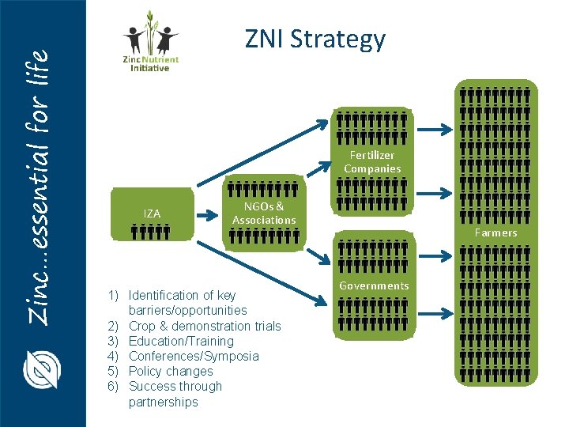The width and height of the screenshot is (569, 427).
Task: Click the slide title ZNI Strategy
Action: pos(315,39)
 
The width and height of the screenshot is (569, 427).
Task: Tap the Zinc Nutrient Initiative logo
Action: pos(150,43)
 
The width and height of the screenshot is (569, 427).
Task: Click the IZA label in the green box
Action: pos(152,213)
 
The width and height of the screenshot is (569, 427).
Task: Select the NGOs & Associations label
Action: pos(264,213)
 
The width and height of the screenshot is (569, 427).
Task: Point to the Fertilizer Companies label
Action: pos(372,162)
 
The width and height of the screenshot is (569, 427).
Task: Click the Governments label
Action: pos(374,285)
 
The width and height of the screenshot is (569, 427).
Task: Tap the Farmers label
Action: pos(496,232)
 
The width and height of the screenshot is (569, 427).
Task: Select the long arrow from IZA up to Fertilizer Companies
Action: pos(261,151)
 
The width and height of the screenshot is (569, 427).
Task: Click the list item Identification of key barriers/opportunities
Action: pos(187,303)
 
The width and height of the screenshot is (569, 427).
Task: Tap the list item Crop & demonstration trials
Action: pos(204,326)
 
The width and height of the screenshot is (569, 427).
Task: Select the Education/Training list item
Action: pos(181,341)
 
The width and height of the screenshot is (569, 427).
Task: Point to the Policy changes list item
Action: pos(171,371)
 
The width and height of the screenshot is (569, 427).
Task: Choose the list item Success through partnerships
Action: pos(175,394)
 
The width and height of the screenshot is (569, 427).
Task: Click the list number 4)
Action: pos(114,356)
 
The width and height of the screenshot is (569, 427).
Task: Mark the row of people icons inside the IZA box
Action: pos(152,232)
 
